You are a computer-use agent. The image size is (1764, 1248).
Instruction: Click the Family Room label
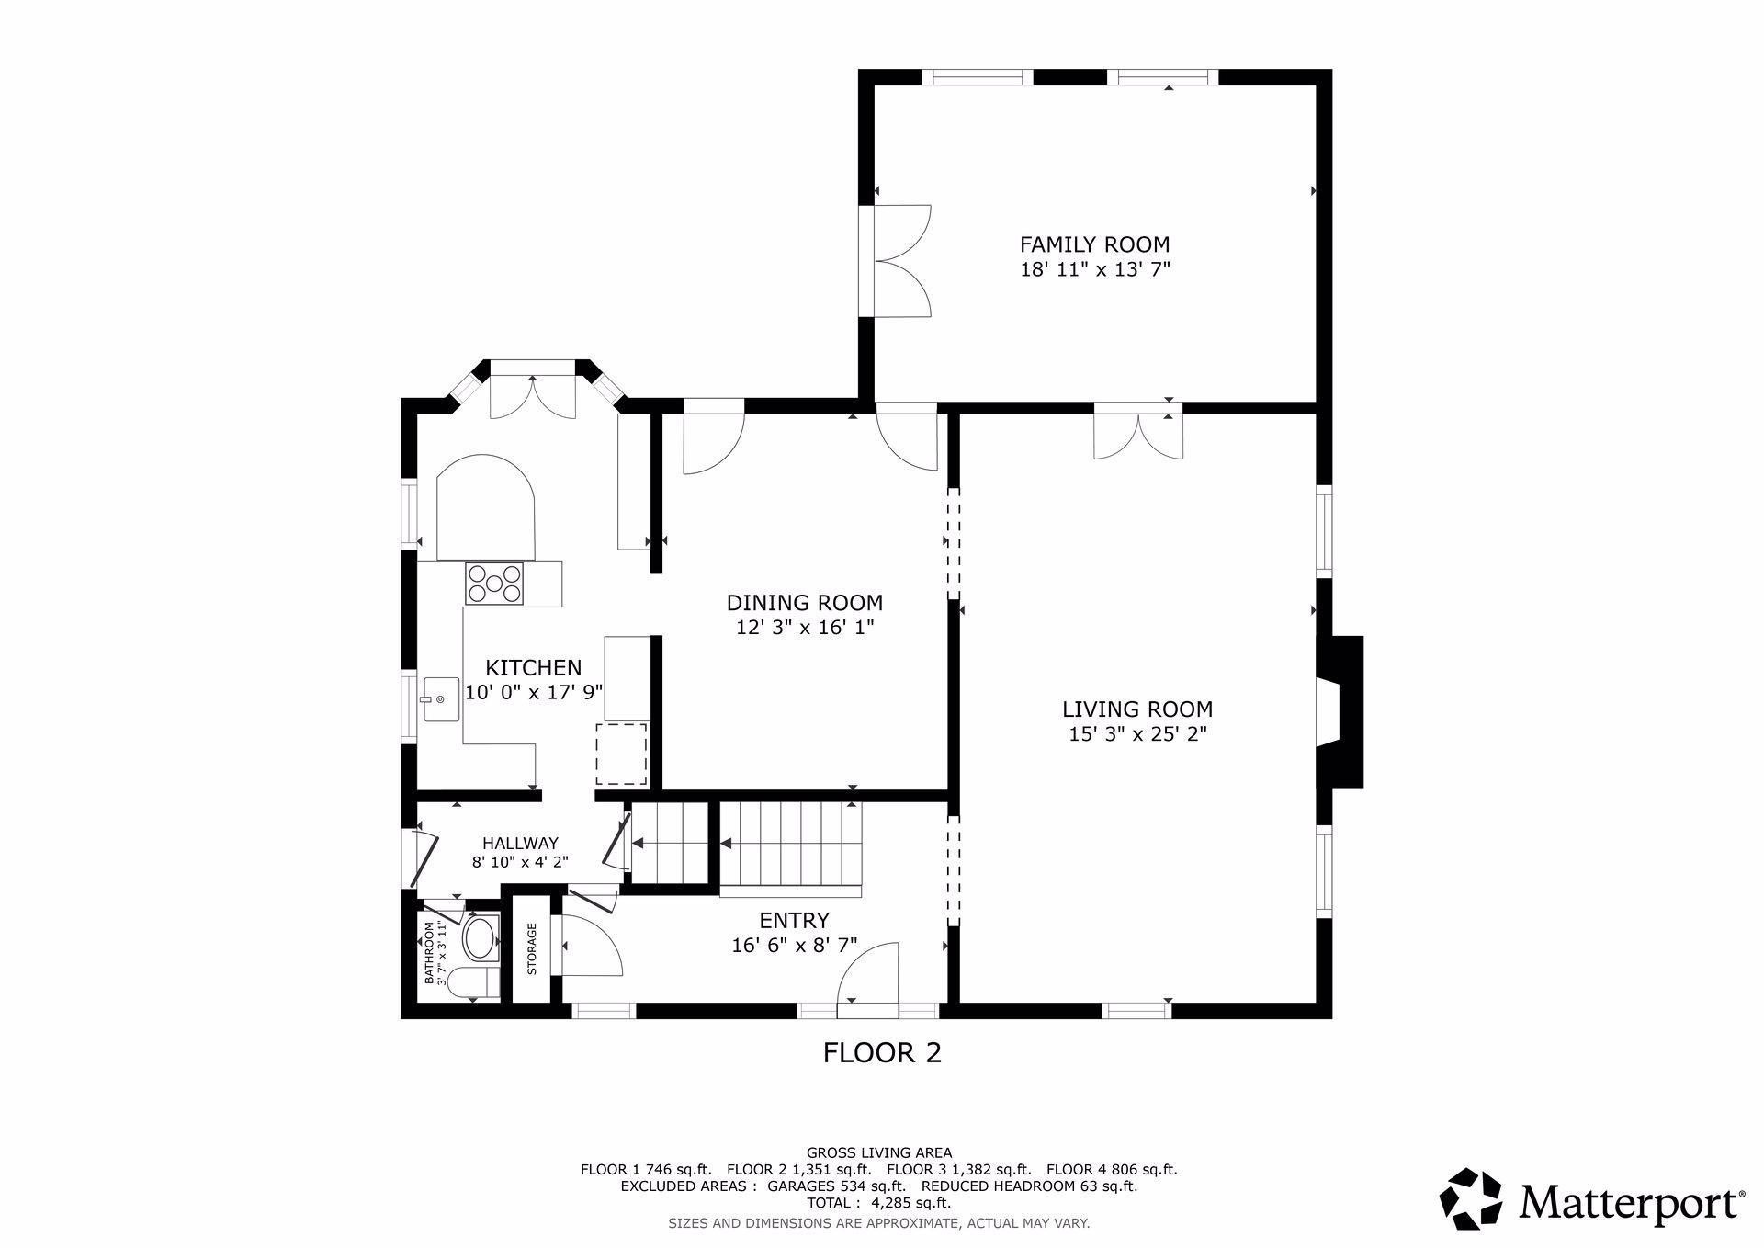[x=1094, y=244]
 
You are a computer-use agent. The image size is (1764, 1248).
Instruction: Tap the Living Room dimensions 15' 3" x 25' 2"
[x=1137, y=734]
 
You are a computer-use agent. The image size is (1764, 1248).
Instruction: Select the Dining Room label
[x=804, y=603]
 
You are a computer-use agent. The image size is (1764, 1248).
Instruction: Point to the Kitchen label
[x=533, y=668]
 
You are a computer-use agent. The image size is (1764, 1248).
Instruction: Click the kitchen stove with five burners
[x=494, y=584]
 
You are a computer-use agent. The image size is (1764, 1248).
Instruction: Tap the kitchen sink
[x=441, y=699]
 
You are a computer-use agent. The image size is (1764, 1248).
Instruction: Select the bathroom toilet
[x=479, y=981]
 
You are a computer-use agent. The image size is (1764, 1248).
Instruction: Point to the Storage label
[x=531, y=948]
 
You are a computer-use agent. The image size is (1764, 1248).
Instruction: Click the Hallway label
[x=520, y=843]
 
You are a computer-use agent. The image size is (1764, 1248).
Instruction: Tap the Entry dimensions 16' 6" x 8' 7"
[x=794, y=944]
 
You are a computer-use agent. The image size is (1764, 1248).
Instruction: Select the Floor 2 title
[x=882, y=1052]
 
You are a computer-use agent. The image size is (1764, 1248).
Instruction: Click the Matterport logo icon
[x=1470, y=1199]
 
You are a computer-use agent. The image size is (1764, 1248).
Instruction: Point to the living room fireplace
[x=1340, y=711]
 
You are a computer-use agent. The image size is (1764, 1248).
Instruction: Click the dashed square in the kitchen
[x=621, y=754]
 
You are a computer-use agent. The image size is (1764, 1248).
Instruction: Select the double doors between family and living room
[x=1138, y=432]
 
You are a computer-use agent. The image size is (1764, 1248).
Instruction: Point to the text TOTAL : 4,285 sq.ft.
[x=878, y=1203]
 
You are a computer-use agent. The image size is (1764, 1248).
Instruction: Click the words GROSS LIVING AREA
[x=879, y=1152]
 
